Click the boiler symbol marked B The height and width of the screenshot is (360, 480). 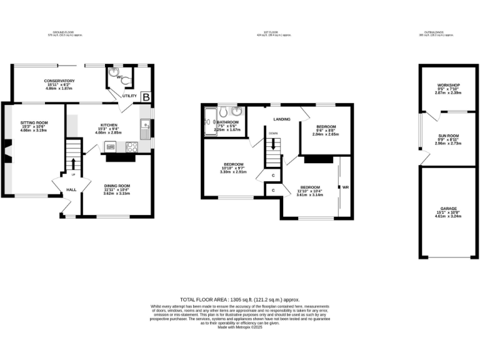[146, 97]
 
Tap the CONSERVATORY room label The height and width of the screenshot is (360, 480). [59, 81]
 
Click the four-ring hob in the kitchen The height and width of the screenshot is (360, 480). [132, 147]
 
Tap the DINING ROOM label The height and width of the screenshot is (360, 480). [116, 186]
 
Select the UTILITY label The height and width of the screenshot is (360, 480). [129, 96]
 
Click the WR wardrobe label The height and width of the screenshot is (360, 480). [344, 187]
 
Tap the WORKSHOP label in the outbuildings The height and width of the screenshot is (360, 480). [448, 85]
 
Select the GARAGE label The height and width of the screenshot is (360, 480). [448, 208]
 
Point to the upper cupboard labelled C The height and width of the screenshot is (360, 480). [273, 175]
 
